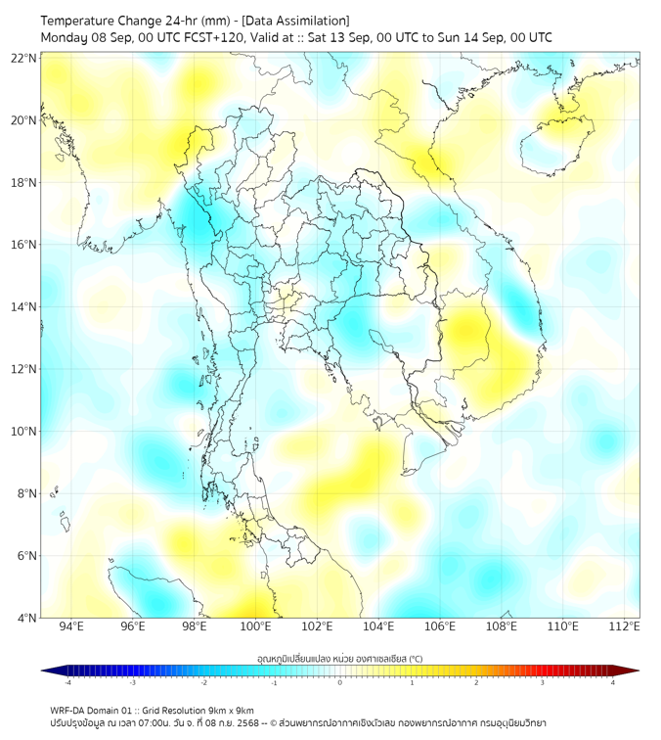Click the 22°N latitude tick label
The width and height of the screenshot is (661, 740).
[x=24, y=58]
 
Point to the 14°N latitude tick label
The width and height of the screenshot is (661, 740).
[x=24, y=307]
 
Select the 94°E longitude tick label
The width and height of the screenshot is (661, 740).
[x=71, y=626]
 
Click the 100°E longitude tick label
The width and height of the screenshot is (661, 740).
[x=255, y=626]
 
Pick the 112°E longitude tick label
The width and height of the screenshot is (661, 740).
[x=625, y=626]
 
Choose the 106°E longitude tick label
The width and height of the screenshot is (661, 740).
[x=441, y=626]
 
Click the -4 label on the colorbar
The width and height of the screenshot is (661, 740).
[x=67, y=682]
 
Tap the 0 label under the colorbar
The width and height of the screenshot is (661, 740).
[x=340, y=682]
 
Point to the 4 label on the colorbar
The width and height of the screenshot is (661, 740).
[x=612, y=682]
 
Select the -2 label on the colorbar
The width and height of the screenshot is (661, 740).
[x=203, y=682]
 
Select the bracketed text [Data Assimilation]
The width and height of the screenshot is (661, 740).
[x=294, y=21]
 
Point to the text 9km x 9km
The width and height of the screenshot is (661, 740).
[x=232, y=710]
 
